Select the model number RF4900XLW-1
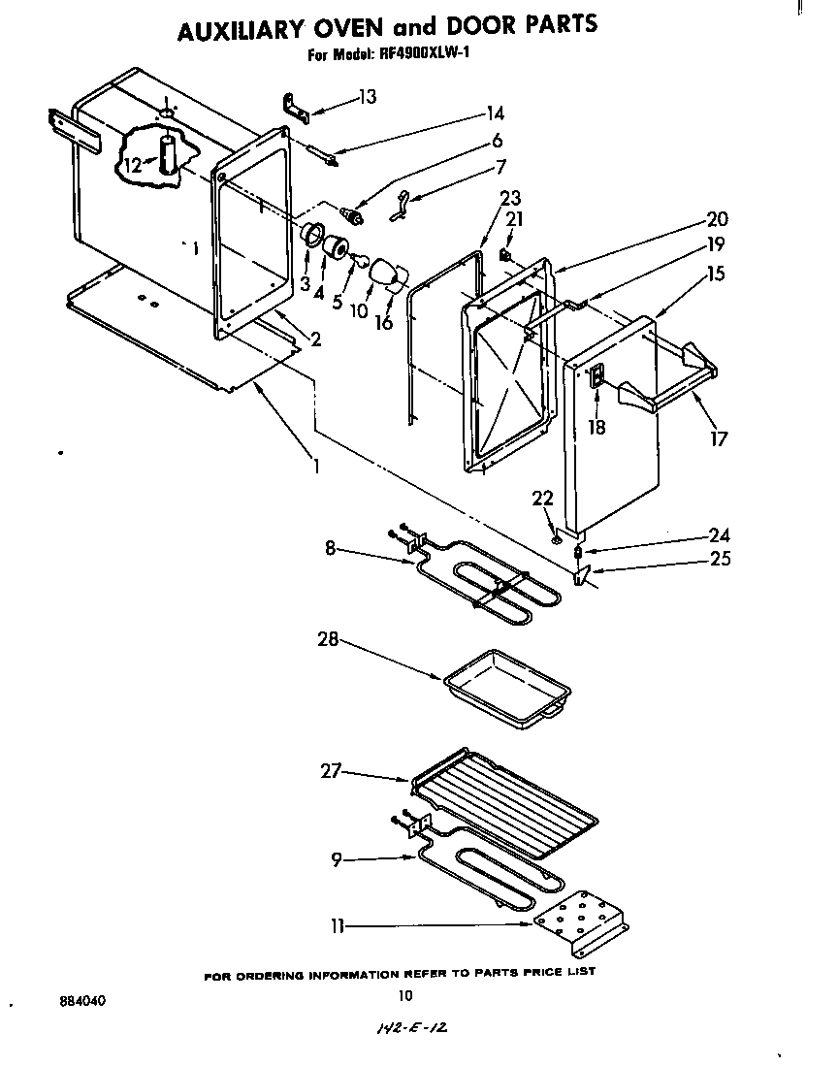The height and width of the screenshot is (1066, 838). coord(424,55)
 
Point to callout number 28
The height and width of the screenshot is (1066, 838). coord(329,639)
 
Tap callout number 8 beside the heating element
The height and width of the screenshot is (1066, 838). coord(330,548)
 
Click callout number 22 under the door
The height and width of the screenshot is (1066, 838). coord(542,499)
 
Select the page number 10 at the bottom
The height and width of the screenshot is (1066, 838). coord(405,994)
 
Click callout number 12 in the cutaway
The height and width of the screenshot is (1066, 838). coord(133,165)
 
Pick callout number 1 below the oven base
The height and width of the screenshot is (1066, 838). coord(317,466)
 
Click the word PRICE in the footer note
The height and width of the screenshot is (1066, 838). coord(543,971)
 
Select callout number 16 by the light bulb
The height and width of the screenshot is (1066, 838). coord(384,323)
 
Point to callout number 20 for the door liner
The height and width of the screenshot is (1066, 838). coord(717,219)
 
